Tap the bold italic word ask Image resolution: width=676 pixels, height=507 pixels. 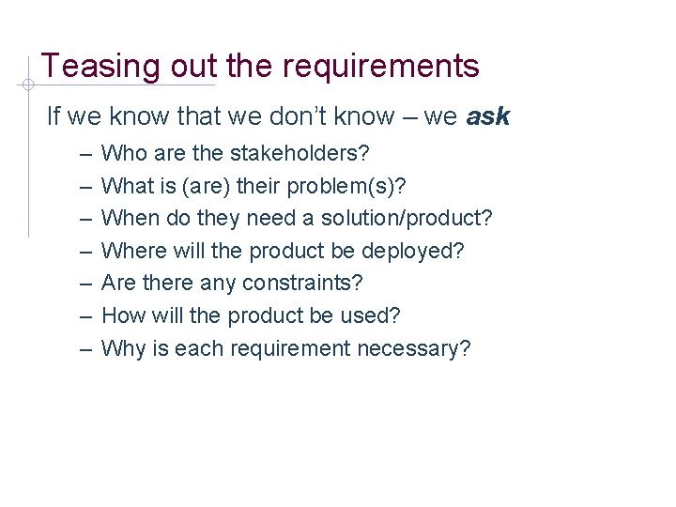tap(487, 117)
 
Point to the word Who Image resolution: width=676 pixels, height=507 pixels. tap(121, 151)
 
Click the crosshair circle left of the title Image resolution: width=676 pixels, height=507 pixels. tap(29, 84)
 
